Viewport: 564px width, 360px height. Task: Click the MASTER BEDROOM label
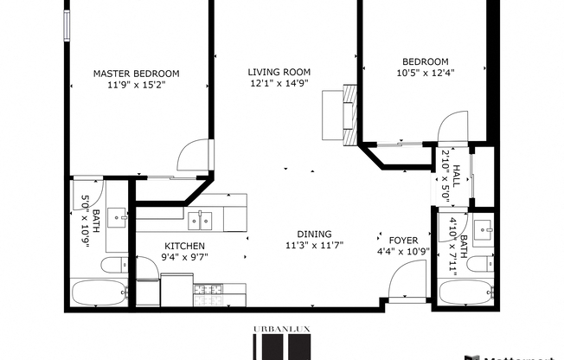click(x=136, y=74)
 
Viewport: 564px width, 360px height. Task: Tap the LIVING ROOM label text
click(x=279, y=72)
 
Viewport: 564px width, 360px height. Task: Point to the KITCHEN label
click(x=185, y=245)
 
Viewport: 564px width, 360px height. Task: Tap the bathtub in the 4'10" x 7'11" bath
click(x=465, y=292)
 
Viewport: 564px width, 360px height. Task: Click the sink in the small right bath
click(x=484, y=230)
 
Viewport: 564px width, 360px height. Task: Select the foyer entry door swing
click(x=402, y=282)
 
